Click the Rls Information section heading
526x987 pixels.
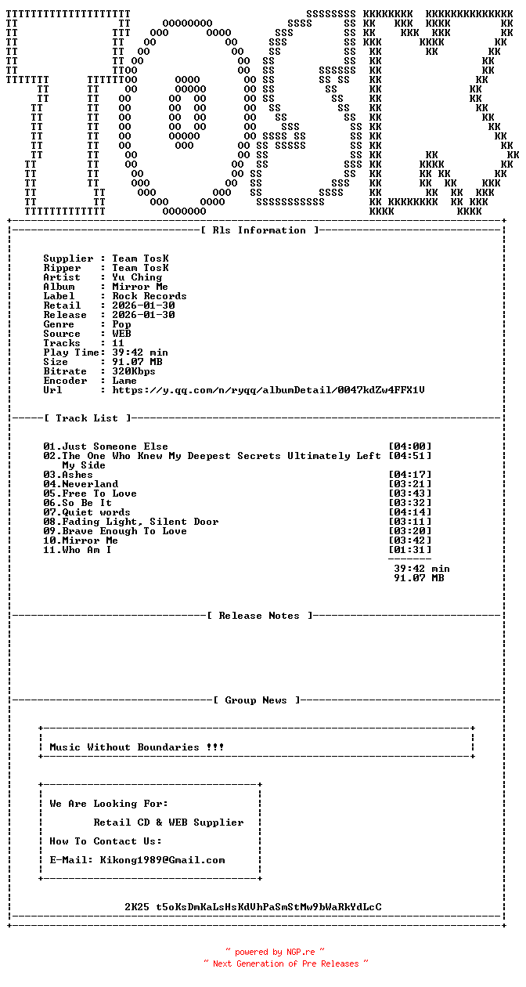[x=260, y=230]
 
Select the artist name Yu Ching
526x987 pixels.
[x=137, y=277]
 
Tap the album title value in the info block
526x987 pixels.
[x=140, y=287]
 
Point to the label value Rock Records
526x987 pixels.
[x=150, y=296]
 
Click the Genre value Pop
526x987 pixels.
[x=121, y=324]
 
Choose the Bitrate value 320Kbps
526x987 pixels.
[x=134, y=371]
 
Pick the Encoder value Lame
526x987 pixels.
[x=124, y=381]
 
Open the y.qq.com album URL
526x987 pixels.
[x=268, y=390]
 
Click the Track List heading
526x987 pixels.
[x=88, y=418]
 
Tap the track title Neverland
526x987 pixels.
[x=90, y=484]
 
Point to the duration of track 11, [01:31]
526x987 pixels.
[x=409, y=550]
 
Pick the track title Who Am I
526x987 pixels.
[x=87, y=550]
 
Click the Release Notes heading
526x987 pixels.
[x=260, y=616]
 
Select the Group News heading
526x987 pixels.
[x=257, y=700]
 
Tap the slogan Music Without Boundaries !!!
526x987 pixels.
[x=137, y=747]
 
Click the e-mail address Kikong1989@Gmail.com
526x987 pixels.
[x=162, y=860]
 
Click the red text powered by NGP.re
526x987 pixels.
[x=275, y=953]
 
